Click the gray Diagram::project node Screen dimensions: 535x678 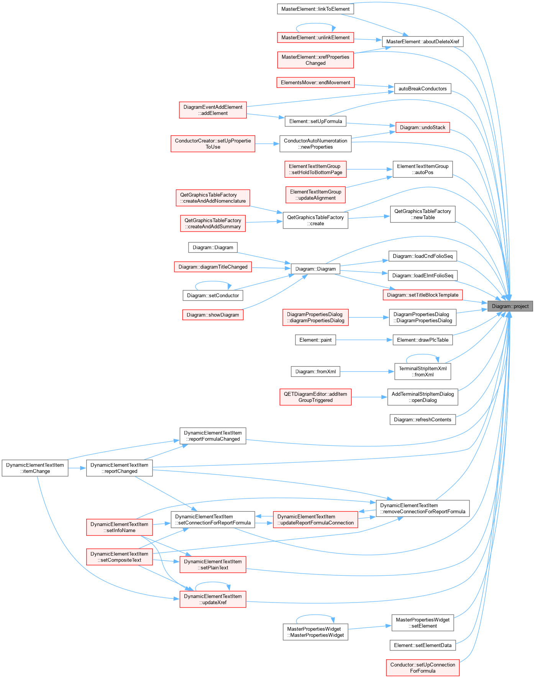510,306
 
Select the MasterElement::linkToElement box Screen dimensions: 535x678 315,9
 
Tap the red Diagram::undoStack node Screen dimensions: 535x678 423,127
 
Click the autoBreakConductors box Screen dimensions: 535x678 423,88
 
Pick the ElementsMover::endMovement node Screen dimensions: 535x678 315,82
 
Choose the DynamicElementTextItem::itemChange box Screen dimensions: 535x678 35,468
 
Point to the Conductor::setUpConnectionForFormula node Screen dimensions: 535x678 423,668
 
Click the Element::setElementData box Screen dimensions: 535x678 423,645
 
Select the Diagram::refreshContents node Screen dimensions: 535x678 423,419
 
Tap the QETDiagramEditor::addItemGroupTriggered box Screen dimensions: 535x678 315,397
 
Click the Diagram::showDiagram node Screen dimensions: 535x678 213,315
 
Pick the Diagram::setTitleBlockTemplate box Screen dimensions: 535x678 423,295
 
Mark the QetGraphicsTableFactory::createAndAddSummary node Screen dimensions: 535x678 213,223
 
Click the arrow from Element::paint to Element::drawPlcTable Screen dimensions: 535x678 364,340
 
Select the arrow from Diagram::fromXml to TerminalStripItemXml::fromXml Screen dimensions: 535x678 368,372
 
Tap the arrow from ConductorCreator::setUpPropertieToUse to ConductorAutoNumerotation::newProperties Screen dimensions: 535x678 267,144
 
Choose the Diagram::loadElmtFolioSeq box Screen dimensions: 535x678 423,275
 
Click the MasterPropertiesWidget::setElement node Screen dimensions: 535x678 423,623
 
